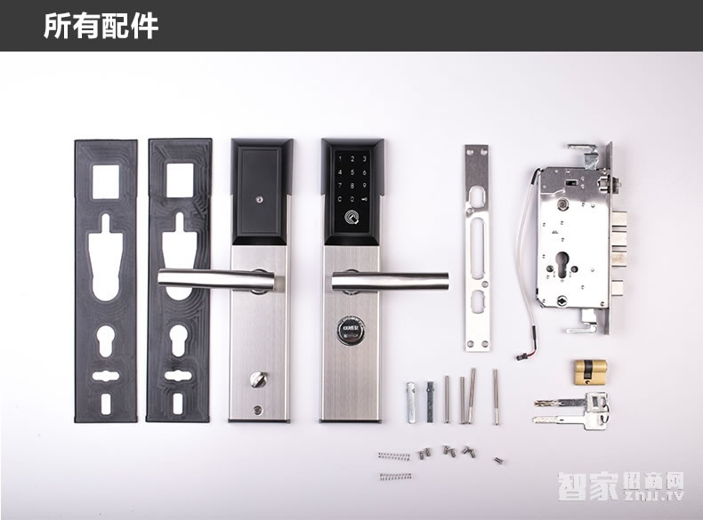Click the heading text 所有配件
[101, 26]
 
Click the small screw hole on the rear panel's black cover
[257, 201]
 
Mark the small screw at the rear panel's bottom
[256, 410]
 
